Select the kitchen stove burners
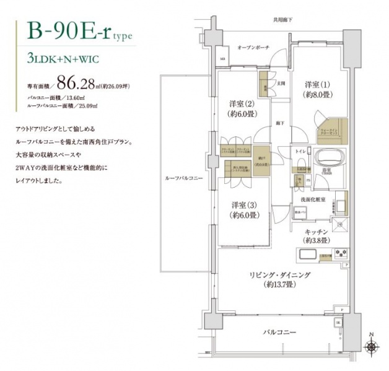[341, 253]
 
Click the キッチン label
[316, 231]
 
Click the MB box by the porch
[222, 58]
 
